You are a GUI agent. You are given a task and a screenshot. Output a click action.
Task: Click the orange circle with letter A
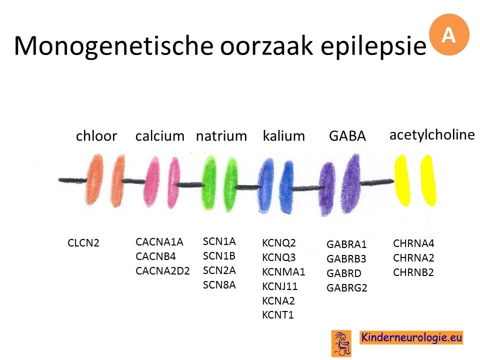click(x=449, y=34)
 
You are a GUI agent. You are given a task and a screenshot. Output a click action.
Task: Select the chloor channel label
click(x=96, y=135)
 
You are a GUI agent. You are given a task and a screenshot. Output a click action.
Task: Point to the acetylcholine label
click(x=432, y=134)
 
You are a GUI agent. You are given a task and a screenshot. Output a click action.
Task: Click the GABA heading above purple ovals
click(x=347, y=136)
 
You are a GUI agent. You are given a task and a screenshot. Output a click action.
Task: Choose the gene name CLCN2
click(x=83, y=243)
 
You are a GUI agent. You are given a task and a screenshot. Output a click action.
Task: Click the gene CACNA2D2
click(x=162, y=271)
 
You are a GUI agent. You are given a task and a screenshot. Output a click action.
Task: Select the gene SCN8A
click(x=219, y=285)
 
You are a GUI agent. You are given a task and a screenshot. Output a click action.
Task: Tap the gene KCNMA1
click(x=283, y=272)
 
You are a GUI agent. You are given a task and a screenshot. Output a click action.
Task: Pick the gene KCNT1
click(x=278, y=314)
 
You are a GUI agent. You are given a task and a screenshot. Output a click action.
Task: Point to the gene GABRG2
click(x=347, y=288)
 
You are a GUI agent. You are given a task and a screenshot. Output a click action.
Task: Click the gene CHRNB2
click(x=413, y=272)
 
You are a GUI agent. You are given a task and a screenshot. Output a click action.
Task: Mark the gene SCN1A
click(x=219, y=241)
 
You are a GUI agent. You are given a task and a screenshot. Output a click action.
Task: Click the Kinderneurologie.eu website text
click(x=411, y=337)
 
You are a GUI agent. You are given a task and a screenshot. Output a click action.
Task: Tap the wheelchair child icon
click(x=341, y=343)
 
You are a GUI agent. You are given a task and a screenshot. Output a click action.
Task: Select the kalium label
click(x=284, y=136)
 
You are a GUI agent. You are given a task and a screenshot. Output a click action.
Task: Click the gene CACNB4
click(x=156, y=256)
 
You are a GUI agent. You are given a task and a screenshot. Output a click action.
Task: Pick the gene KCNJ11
click(x=280, y=286)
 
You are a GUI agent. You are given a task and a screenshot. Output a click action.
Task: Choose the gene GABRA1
click(x=346, y=244)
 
